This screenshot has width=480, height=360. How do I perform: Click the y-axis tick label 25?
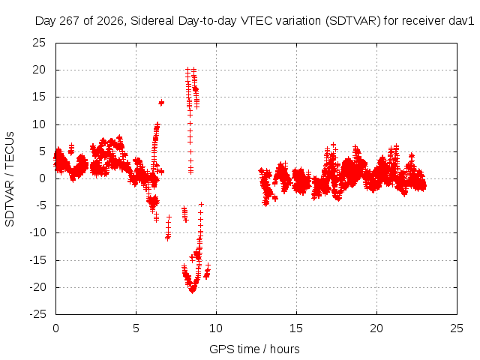(39, 43)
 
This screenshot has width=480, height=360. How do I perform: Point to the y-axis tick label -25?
(37, 314)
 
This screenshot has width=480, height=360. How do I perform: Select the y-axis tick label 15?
(39, 97)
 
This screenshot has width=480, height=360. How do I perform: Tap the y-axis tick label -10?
(37, 232)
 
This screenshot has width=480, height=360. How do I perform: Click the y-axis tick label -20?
(37, 287)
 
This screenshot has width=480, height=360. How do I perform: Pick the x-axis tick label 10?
(216, 328)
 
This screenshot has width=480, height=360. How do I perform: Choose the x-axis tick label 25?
(457, 328)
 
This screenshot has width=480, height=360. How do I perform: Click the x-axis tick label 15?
(296, 328)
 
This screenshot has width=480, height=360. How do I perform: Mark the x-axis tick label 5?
(136, 328)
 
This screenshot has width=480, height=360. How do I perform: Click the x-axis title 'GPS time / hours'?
(254, 349)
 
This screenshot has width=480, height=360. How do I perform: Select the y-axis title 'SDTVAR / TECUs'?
(10, 179)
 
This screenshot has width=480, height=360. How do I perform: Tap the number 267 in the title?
(70, 21)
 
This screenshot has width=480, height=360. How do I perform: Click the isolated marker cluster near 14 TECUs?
(161, 103)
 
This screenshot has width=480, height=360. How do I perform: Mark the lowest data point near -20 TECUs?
(192, 291)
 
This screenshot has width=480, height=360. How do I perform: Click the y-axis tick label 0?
(42, 178)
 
